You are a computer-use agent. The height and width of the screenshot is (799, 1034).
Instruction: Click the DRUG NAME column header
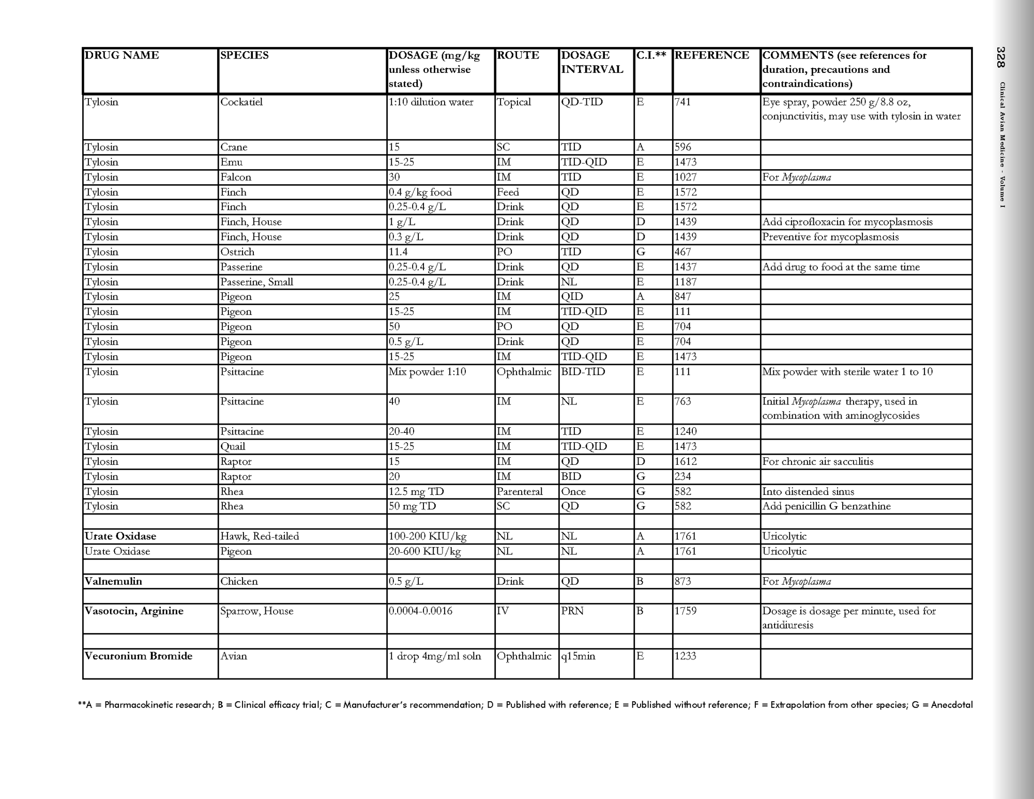pos(122,55)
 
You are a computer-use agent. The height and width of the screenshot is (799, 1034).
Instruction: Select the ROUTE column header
pos(518,55)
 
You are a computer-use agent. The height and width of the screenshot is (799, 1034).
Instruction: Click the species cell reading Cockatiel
pos(241,102)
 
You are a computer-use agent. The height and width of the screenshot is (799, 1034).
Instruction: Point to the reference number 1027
pos(686,177)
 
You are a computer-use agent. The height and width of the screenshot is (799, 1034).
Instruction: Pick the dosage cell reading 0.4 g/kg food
pos(420,192)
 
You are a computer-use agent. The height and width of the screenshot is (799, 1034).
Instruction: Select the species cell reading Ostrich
pos(237,252)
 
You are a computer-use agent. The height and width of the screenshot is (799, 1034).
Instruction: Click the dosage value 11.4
pos(398,252)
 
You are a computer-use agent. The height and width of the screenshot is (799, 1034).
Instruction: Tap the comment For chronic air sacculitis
pos(817,461)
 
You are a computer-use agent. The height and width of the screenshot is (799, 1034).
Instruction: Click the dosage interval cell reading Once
pos(573,491)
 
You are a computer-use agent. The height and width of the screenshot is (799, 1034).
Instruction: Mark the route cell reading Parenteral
pos(519,491)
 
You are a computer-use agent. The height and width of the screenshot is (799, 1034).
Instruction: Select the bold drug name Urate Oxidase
pos(120,536)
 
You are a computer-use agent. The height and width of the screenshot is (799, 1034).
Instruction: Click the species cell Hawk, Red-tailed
pos(260,536)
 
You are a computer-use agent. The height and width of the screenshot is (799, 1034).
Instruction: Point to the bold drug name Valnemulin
pos(113,581)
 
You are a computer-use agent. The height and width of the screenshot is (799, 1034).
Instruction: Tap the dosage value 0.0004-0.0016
pos(420,611)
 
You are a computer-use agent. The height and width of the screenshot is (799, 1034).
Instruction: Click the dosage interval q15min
pos(578,656)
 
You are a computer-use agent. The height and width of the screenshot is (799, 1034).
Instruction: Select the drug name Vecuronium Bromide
pos(139,656)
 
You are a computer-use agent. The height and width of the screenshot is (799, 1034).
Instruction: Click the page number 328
pos(1001,57)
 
